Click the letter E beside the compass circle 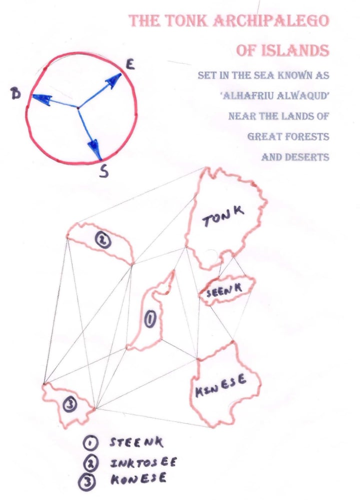tap(130, 65)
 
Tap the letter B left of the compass tap(15, 94)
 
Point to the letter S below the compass tap(104, 172)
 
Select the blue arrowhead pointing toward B tap(41, 99)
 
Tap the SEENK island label tap(224, 290)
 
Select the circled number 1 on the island tap(149, 320)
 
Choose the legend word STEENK tap(136, 442)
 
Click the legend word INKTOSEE tap(143, 462)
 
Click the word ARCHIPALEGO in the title tap(270, 21)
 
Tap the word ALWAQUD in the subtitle tap(302, 96)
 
